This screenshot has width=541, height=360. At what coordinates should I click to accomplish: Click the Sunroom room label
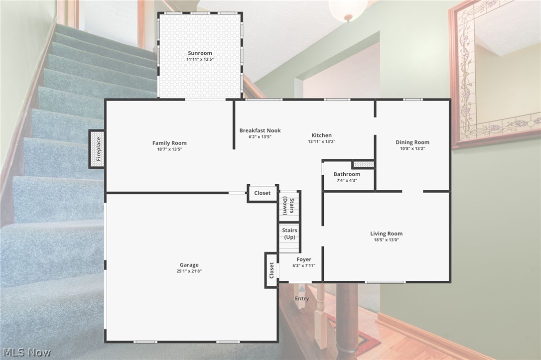(x=200, y=53)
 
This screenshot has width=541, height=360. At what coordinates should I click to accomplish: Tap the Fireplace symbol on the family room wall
(x=97, y=149)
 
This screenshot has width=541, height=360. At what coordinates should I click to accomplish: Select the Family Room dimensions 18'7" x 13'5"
(x=169, y=149)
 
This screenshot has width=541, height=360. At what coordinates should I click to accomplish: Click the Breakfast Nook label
(x=260, y=130)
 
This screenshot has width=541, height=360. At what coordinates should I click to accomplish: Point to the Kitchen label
(x=321, y=135)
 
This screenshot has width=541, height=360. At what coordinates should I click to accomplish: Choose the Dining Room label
(x=412, y=142)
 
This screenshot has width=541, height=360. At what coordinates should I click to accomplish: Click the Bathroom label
(x=347, y=174)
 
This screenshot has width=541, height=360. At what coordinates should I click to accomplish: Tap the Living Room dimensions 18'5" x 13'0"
(x=386, y=240)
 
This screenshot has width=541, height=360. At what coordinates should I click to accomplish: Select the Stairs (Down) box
(x=289, y=206)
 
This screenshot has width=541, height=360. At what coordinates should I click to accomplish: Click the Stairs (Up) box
(x=289, y=234)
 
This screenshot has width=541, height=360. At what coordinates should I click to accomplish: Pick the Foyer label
(x=304, y=259)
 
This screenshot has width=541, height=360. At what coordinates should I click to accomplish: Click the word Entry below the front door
(x=302, y=299)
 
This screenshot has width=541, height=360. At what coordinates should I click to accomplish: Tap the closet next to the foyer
(x=271, y=270)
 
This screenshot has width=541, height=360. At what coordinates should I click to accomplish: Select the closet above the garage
(x=263, y=193)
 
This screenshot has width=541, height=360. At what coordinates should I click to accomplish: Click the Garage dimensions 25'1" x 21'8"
(x=189, y=271)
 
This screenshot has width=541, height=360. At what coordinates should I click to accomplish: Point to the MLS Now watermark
(x=25, y=353)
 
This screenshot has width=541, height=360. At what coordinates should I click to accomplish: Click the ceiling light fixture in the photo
(x=348, y=9)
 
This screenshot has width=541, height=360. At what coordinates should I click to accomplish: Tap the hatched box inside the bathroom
(x=363, y=164)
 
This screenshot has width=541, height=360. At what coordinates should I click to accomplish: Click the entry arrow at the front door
(x=302, y=289)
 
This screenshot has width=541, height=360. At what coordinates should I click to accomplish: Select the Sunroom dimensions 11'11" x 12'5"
(x=200, y=59)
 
